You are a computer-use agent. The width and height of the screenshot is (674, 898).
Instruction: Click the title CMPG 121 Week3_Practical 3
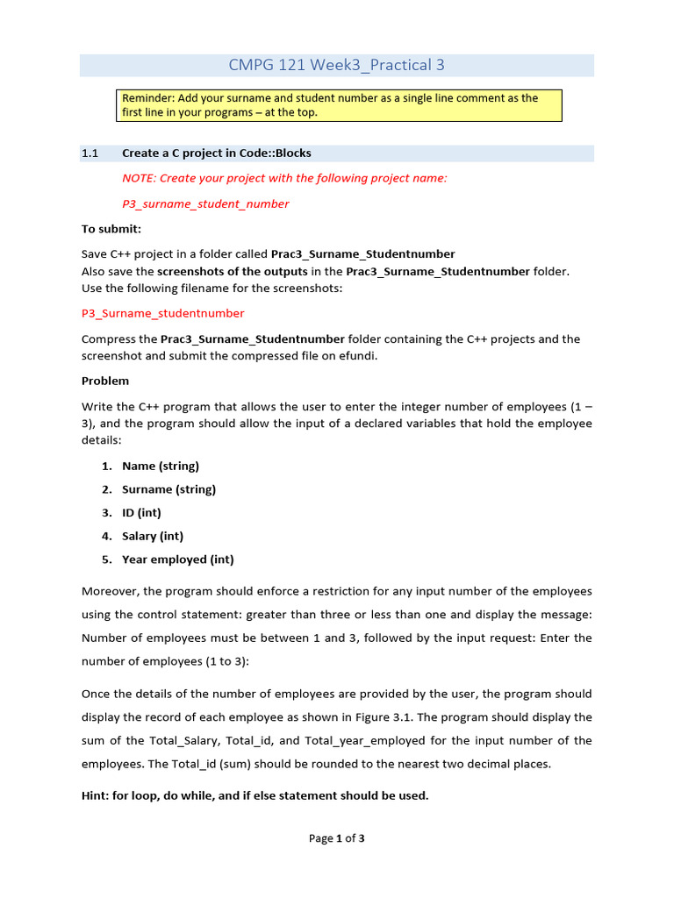(x=336, y=65)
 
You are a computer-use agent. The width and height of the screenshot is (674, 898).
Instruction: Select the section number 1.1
(x=90, y=153)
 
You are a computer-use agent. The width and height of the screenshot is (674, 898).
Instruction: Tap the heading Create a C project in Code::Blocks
(x=216, y=153)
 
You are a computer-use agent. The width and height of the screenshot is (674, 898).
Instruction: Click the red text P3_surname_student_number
(x=205, y=204)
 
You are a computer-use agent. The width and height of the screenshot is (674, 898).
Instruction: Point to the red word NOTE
(x=138, y=178)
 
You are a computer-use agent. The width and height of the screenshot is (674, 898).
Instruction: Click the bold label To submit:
(x=111, y=229)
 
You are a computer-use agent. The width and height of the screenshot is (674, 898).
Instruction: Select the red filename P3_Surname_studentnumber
(x=162, y=313)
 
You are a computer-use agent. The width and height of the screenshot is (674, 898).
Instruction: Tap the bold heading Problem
(x=105, y=381)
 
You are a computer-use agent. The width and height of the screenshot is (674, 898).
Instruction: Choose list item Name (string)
(x=161, y=466)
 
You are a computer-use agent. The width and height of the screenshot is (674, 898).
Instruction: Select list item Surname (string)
(x=168, y=489)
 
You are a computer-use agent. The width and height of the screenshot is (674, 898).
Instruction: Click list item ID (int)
(x=141, y=512)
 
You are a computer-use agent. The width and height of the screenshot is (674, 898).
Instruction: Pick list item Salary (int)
(x=153, y=536)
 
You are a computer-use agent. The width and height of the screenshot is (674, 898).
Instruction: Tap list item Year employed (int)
(x=177, y=559)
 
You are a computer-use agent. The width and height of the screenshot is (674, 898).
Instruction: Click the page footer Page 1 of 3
(x=336, y=838)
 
